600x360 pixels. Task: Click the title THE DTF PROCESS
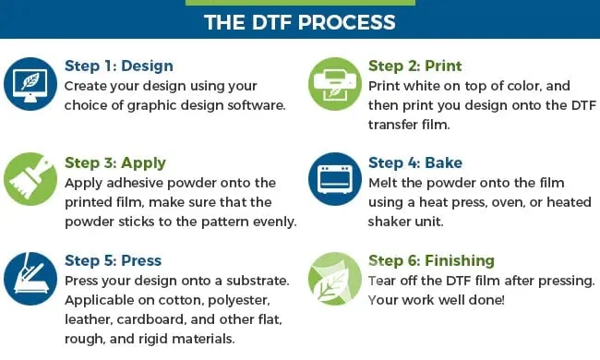tap(300, 22)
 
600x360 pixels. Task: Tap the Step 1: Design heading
tap(119, 66)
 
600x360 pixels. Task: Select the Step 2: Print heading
tap(414, 66)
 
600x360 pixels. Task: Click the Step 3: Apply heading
tap(115, 163)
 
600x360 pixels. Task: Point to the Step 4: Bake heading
tap(415, 163)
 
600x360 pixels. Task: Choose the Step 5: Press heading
tap(113, 260)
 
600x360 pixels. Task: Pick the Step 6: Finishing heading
tap(431, 261)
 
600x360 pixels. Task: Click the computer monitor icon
tap(30, 84)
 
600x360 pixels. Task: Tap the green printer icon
tap(335, 84)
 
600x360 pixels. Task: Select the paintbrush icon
tap(30, 179)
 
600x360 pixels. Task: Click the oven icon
tap(335, 179)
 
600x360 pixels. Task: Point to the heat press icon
tap(30, 279)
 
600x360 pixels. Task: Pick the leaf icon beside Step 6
tap(335, 279)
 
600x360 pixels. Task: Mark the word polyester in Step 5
tap(239, 300)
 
